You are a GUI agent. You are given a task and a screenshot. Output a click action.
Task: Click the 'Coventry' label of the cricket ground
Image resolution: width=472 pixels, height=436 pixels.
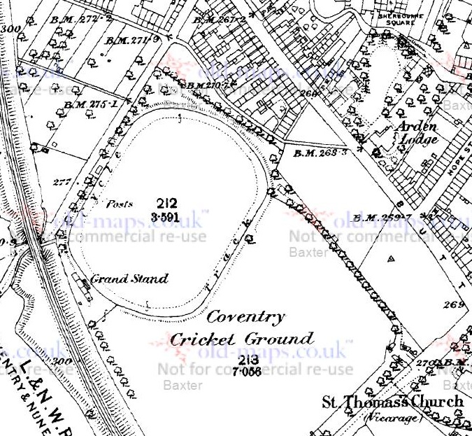tap(245, 317)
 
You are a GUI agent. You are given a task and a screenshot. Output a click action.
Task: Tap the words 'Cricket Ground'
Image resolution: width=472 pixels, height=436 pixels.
tap(241, 339)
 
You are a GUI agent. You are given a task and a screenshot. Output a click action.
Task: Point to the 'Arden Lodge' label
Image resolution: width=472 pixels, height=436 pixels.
tap(417, 132)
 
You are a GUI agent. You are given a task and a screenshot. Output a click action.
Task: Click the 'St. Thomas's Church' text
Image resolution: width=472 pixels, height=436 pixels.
tap(392, 402)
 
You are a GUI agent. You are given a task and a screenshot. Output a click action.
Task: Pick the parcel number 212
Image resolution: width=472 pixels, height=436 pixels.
tap(167, 204)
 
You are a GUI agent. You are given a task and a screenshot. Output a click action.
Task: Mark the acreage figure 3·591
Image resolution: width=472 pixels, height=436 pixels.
tap(167, 218)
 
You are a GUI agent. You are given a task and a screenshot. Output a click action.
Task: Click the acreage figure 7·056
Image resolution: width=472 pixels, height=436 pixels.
tap(247, 372)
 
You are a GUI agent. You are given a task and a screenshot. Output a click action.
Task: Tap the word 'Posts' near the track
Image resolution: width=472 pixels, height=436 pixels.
tap(119, 204)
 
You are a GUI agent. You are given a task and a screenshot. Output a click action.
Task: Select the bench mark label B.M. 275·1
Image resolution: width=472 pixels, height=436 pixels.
tap(91, 104)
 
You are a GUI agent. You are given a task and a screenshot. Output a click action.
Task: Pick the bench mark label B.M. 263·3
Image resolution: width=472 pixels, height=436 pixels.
tap(320, 152)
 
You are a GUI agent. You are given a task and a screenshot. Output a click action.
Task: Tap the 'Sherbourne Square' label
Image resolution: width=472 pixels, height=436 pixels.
tap(396, 18)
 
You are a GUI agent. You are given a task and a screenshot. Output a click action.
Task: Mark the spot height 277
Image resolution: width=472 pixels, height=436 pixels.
tap(62, 182)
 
